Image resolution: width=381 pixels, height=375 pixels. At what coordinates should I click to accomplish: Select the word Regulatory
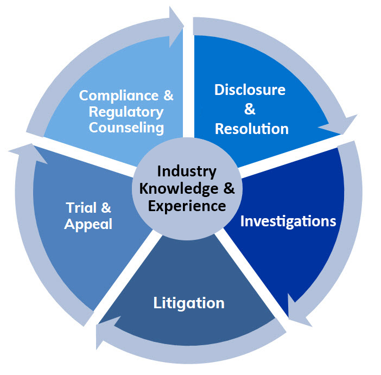click(126, 112)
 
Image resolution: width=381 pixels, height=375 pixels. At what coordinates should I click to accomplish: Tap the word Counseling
click(126, 128)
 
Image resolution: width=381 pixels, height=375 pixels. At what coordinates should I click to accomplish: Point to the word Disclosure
click(250, 90)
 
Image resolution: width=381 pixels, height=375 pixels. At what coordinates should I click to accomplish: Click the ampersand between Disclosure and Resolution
click(250, 109)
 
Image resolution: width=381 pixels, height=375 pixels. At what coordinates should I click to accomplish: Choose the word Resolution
click(251, 129)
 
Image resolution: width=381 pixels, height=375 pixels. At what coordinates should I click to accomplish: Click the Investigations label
click(288, 221)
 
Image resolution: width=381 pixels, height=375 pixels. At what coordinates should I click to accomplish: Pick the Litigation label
click(188, 302)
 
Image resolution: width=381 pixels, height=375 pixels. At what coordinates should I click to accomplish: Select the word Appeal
click(88, 224)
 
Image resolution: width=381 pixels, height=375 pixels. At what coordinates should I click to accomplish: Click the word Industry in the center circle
click(186, 171)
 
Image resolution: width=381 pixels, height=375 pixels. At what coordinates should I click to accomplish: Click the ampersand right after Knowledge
click(230, 189)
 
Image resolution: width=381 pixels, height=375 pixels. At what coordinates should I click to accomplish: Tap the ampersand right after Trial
click(106, 207)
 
